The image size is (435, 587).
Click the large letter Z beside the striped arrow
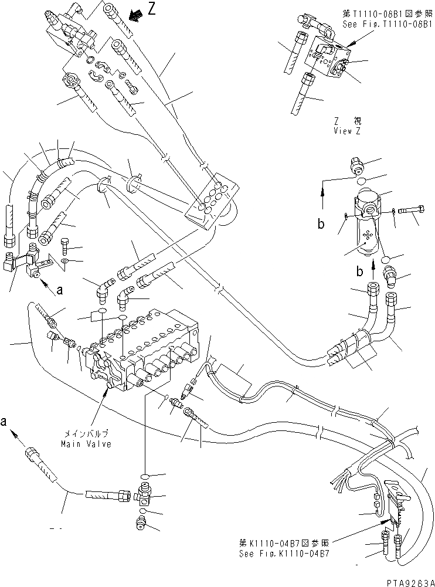pyautogui.click(x=152, y=11)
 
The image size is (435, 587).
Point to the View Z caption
pyautogui.click(x=348, y=131)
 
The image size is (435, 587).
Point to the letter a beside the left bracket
pyautogui.click(x=60, y=289)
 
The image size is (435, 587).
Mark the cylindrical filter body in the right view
pyautogui.click(x=368, y=226)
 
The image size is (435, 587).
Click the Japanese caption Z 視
pyautogui.click(x=348, y=121)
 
